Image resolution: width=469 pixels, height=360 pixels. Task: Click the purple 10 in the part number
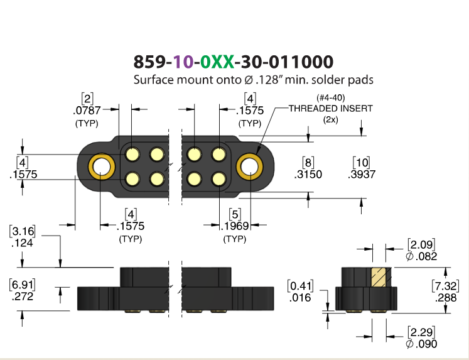[x=183, y=62]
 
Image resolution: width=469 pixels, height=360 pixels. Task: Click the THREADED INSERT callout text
[x=330, y=108]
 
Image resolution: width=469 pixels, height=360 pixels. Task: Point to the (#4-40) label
[x=330, y=98]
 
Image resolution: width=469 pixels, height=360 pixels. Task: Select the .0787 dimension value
[x=87, y=111]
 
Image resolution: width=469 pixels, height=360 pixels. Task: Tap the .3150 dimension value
[x=308, y=174]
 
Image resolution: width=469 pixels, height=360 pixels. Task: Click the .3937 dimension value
[x=362, y=174]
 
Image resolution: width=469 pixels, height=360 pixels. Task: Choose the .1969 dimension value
[x=235, y=226]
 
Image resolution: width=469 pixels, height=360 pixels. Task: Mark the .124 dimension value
[x=22, y=243]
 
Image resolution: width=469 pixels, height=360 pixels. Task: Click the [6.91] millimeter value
[x=22, y=284]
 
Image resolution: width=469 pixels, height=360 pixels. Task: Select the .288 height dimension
[x=446, y=298]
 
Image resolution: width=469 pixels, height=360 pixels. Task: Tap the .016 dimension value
[x=300, y=298]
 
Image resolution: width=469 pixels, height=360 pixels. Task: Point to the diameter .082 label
[x=421, y=256]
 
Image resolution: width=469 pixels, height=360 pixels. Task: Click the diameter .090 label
[x=421, y=344]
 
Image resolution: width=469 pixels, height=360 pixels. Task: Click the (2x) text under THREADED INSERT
[x=330, y=120]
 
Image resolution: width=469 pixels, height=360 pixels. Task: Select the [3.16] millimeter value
[x=22, y=231]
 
